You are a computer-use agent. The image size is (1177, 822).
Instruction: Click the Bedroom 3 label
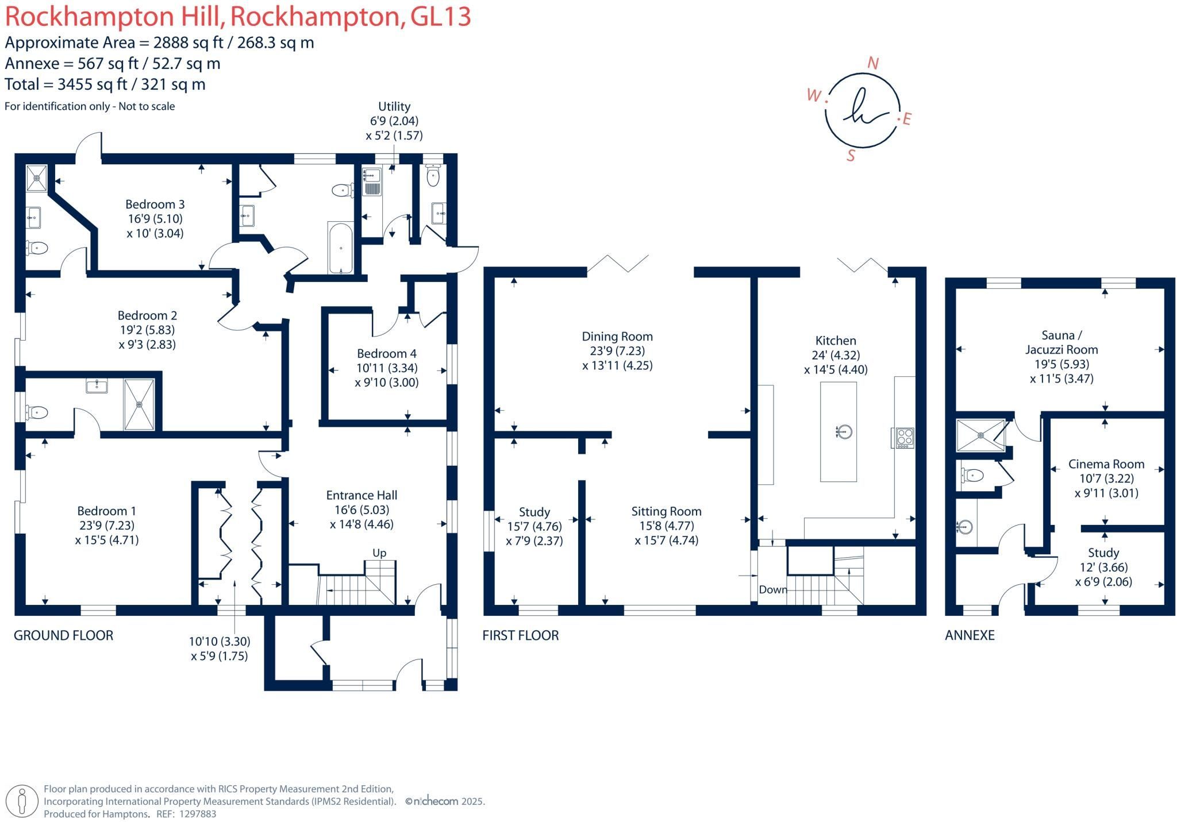pos(155,204)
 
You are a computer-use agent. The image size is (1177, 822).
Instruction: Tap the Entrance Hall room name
pos(361,495)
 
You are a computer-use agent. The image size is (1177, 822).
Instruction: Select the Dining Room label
pos(617,337)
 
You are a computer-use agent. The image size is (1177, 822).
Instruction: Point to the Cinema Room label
pos(1106,464)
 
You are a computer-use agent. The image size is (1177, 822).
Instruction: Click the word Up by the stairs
pos(379,553)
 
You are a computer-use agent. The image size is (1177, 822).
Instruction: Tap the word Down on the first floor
pos(773,590)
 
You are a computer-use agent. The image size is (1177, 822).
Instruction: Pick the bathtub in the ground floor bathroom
pos(341,248)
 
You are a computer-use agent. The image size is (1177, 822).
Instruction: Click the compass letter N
pos(873,64)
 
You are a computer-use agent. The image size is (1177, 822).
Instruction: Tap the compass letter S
pos(851,156)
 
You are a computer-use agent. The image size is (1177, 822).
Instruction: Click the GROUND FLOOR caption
pos(64,635)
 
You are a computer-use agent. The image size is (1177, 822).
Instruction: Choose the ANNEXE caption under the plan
pos(970,635)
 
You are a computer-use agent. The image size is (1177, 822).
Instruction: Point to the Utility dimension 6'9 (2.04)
pos(394,121)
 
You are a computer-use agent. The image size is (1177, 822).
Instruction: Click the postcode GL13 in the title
pos(441,17)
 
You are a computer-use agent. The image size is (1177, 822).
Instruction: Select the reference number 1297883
pos(198,814)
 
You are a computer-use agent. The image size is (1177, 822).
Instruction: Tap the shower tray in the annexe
pos(980,436)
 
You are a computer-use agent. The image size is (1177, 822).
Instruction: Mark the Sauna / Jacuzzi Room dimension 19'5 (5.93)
pos(1061,364)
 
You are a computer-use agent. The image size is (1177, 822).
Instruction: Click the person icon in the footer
pos(23,801)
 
